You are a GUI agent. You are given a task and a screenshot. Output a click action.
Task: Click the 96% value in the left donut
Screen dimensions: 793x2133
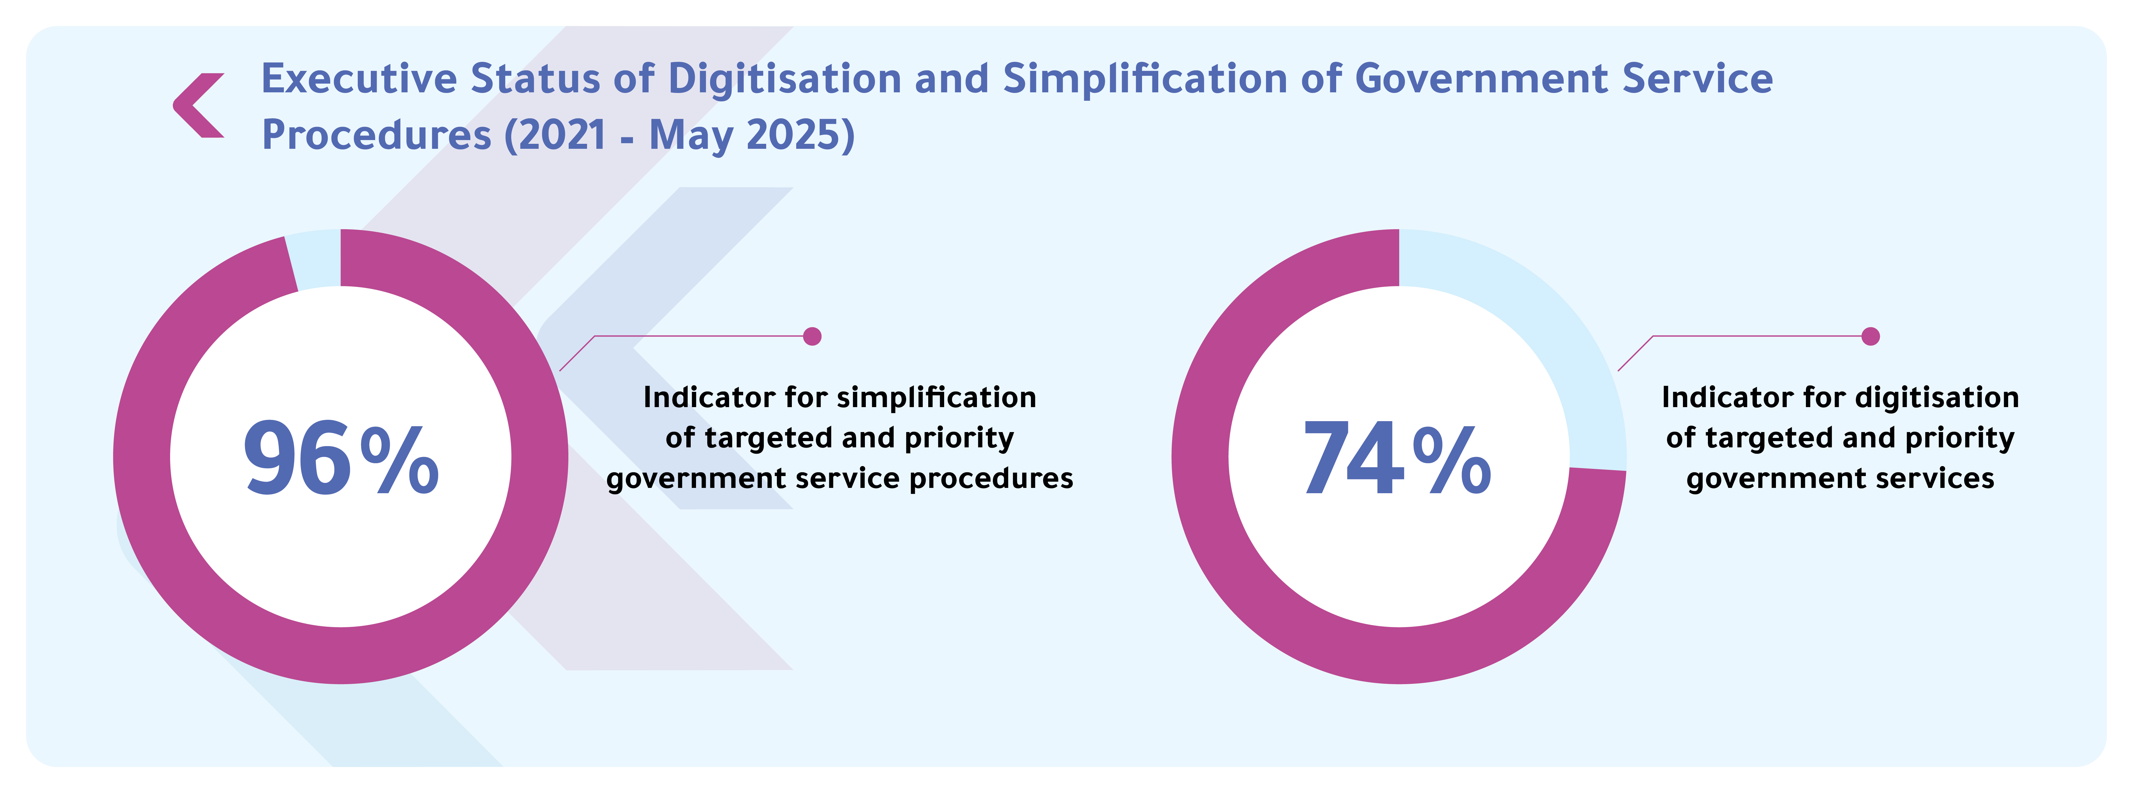341,458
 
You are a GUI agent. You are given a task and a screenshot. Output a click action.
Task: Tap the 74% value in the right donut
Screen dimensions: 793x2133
1398,458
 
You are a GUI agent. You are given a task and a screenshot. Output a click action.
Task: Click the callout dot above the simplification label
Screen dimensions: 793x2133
812,336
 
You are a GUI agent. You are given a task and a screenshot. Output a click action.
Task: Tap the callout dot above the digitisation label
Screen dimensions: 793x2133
1871,336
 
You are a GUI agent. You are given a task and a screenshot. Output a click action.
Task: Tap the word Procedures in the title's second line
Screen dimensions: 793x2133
376,135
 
